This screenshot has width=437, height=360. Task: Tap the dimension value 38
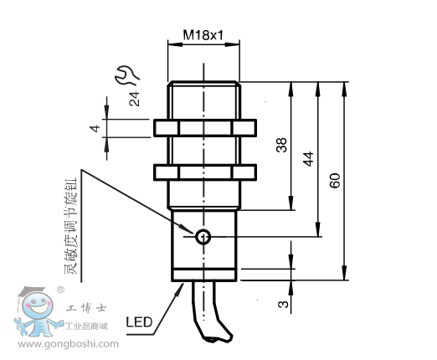point(281,145)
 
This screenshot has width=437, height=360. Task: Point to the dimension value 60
point(334,180)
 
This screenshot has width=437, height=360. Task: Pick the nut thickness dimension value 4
point(95,128)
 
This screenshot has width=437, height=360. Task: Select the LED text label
point(138,321)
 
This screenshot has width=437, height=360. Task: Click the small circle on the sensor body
point(202,239)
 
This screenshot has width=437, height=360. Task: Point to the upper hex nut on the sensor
point(204,128)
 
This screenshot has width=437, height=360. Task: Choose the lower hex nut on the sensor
point(204,172)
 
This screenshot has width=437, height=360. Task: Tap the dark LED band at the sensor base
point(204,275)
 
